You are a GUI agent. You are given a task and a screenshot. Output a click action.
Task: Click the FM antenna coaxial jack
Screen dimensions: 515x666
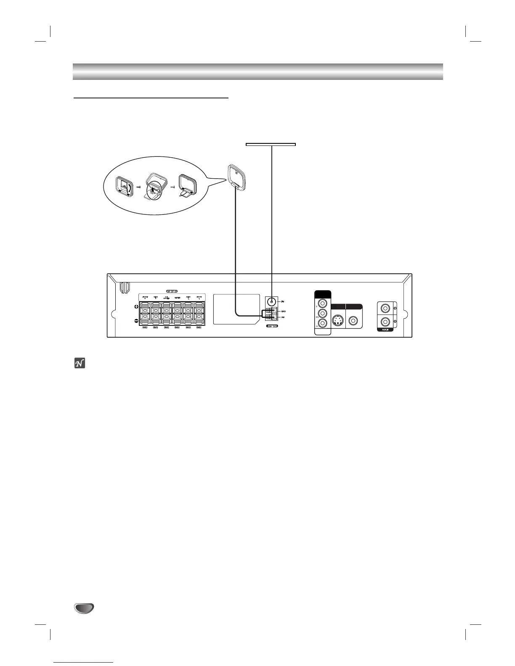pyautogui.click(x=272, y=301)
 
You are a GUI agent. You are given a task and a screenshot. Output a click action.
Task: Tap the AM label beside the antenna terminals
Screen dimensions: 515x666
pyautogui.click(x=284, y=317)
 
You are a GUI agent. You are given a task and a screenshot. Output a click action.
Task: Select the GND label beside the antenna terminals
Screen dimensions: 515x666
pyautogui.click(x=284, y=311)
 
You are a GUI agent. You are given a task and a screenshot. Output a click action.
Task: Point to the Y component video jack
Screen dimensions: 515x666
pyautogui.click(x=323, y=303)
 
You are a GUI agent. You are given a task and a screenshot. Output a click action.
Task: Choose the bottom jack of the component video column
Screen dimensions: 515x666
pyautogui.click(x=323, y=323)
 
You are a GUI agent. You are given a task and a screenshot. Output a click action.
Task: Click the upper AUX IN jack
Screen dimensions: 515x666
pyautogui.click(x=385, y=308)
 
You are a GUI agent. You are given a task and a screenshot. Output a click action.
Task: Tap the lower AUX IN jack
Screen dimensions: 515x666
pyautogui.click(x=385, y=322)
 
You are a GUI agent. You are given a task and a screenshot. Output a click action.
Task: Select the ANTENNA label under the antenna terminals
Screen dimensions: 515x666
pyautogui.click(x=272, y=326)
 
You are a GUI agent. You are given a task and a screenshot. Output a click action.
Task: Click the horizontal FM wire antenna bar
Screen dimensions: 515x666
pyautogui.click(x=271, y=144)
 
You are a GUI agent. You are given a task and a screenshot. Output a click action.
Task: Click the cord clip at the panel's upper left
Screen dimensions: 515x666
pyautogui.click(x=123, y=287)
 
